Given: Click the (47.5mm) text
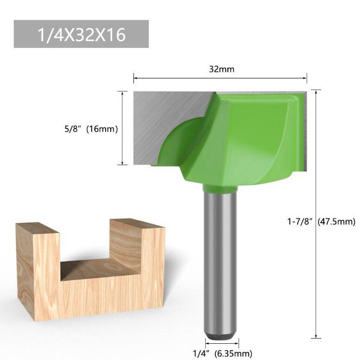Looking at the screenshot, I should pyautogui.click(x=336, y=221).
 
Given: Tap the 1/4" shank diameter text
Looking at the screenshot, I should pyautogui.click(x=200, y=353).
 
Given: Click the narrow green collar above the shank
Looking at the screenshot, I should pyautogui.click(x=220, y=186).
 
